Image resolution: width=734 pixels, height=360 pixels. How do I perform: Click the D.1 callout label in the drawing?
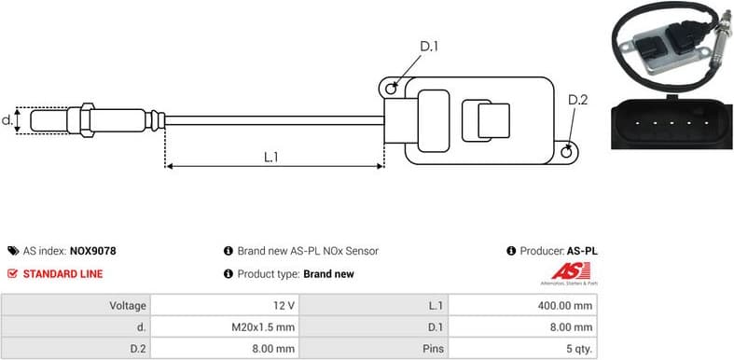point(428,47)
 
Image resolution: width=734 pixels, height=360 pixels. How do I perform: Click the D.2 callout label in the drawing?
point(577,101)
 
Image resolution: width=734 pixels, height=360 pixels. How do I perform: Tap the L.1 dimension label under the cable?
point(270,157)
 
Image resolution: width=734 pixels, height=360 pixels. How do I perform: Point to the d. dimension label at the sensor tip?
point(7,120)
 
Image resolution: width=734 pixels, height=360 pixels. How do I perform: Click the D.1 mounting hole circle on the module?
point(394,89)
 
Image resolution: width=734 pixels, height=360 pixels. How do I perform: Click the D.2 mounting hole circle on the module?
point(569,147)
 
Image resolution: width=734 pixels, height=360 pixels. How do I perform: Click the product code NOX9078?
point(92,251)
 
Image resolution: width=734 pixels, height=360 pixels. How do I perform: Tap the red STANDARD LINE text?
point(62,274)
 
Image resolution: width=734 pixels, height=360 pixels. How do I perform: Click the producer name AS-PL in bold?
point(582,251)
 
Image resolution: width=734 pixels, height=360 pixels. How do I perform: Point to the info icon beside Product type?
point(229,274)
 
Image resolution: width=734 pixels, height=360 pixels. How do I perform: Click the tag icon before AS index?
point(12,251)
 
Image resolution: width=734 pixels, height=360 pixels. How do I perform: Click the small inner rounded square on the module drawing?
point(492,121)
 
